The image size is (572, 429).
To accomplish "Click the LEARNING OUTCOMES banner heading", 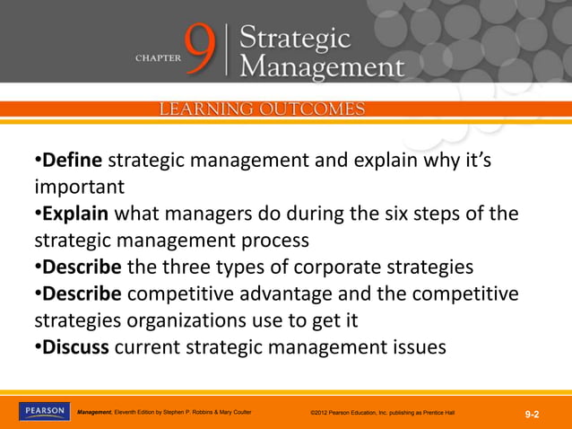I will coord(262,109).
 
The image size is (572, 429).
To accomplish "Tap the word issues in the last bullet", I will coord(413,346).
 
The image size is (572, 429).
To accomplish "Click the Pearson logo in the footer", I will coord(42,412).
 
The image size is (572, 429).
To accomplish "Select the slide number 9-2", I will coord(532,414).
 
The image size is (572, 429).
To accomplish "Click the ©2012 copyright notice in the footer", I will coord(382,413).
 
